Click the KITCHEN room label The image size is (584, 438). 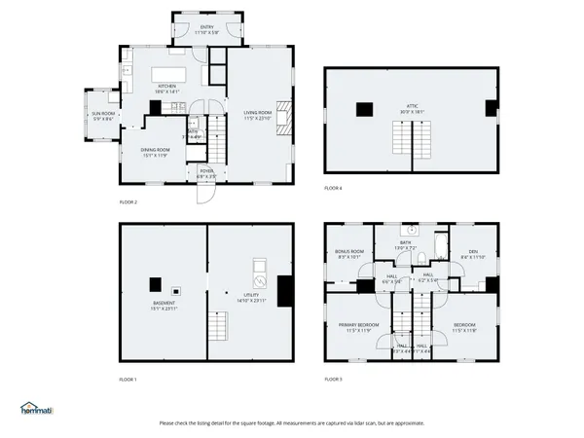(x=166, y=87)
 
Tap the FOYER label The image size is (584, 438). (x=206, y=171)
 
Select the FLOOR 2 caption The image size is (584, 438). (x=128, y=201)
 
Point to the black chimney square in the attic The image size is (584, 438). (x=366, y=109)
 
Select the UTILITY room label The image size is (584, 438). (x=250, y=296)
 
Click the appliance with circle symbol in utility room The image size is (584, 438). (x=259, y=267)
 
